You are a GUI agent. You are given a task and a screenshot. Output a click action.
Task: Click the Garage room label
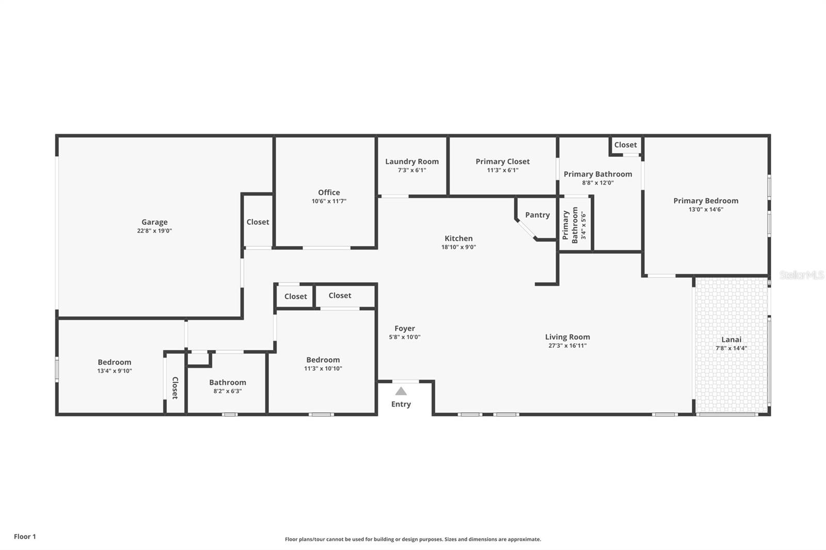pyautogui.click(x=154, y=222)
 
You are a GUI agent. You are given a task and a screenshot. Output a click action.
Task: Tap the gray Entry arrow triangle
pyautogui.click(x=401, y=391)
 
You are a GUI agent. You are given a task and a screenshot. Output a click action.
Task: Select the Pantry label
pyautogui.click(x=537, y=215)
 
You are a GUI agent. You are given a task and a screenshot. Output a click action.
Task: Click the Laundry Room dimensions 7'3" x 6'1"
pyautogui.click(x=411, y=170)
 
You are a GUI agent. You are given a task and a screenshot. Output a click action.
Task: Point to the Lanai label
pyautogui.click(x=731, y=339)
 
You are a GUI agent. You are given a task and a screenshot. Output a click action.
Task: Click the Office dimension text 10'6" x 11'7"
pyautogui.click(x=329, y=201)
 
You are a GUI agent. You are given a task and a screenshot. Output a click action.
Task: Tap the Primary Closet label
pyautogui.click(x=502, y=161)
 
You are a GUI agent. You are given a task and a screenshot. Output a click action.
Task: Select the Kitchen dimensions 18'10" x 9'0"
pyautogui.click(x=458, y=247)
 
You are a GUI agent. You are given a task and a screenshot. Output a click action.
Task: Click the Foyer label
pyautogui.click(x=405, y=328)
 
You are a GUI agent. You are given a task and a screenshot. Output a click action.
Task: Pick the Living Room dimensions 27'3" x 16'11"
pyautogui.click(x=567, y=346)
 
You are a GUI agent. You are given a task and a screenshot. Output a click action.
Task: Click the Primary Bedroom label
pyautogui.click(x=705, y=201)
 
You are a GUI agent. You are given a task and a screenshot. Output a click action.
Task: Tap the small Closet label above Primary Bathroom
pyautogui.click(x=625, y=145)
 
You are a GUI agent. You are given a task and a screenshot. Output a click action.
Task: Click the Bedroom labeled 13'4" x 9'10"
pyautogui.click(x=115, y=362)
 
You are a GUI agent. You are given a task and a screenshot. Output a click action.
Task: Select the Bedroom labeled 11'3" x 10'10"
pyautogui.click(x=323, y=360)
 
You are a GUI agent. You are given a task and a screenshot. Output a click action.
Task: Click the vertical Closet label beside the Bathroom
pyautogui.click(x=174, y=387)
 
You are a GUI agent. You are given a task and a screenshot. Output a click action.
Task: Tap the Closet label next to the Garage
pyautogui.click(x=258, y=222)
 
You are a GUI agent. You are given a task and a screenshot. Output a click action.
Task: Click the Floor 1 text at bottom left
pyautogui.click(x=25, y=537)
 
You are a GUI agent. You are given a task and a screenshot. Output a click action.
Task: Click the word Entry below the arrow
pyautogui.click(x=401, y=404)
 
